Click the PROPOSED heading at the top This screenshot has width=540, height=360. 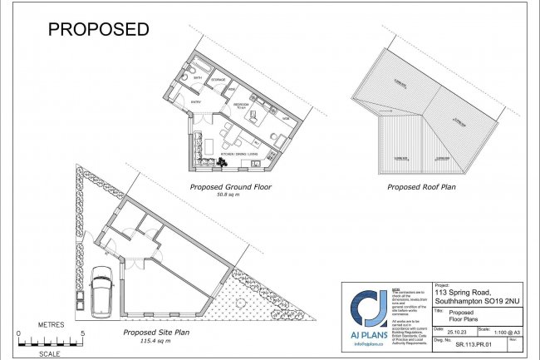click(98, 29)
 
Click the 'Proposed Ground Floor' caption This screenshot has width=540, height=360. click(232, 187)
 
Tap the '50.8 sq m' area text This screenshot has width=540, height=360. click(232, 195)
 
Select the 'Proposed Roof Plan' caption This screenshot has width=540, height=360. click(423, 187)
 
